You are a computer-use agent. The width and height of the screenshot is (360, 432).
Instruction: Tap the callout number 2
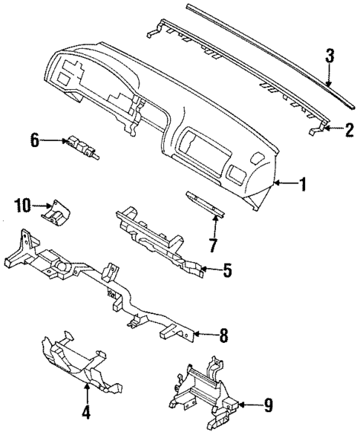point(347,129)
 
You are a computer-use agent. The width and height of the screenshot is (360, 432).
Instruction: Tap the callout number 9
point(269,405)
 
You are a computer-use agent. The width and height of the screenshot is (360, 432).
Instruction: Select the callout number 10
point(24,204)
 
